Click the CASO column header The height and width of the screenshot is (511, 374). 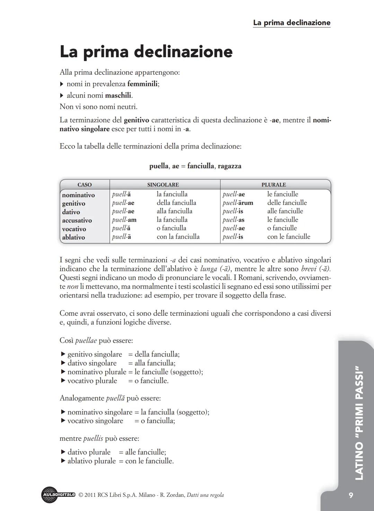84,185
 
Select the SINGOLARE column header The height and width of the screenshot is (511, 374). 163,185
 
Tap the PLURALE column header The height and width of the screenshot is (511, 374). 274,185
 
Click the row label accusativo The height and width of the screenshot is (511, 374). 77,221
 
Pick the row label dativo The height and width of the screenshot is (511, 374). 71,212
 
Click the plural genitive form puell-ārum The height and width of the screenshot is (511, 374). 238,203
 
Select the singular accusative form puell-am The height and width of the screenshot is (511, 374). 124,220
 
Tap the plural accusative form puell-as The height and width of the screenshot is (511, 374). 233,220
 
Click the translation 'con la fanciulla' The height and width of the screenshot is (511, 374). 178,237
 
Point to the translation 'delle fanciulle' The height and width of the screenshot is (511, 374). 287,203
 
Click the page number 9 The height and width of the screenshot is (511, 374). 351,495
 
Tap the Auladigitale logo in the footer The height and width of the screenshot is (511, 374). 58,495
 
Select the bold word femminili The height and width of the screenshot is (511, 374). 142,84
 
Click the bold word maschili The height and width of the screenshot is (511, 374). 118,95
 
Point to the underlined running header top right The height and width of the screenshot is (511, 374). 292,23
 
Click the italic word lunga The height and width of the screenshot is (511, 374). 209,269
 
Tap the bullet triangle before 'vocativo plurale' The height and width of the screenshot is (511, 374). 63,381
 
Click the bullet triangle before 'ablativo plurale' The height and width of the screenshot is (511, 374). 63,461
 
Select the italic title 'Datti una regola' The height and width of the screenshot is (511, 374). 205,495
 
